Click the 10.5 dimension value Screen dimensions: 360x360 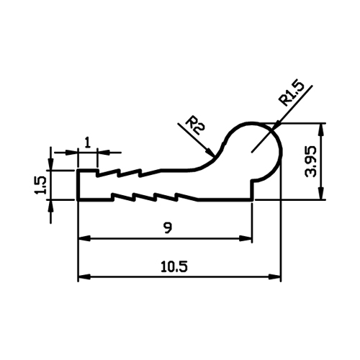pyautogui.click(x=174, y=266)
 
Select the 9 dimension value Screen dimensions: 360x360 pyautogui.click(x=167, y=228)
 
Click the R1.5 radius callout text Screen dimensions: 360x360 pyautogui.click(x=291, y=94)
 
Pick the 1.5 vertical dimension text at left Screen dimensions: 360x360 pyautogui.click(x=40, y=185)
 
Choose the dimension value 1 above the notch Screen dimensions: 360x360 pyautogui.click(x=88, y=143)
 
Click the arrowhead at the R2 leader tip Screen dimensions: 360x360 pyautogui.click(x=210, y=153)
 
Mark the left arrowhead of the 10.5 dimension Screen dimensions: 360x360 pyautogui.click(x=84, y=276)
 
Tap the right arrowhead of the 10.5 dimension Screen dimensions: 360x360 pyautogui.click(x=274, y=276)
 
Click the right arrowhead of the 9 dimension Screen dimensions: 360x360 pyautogui.click(x=246, y=238)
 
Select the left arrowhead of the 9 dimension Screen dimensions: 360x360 pyautogui.click(x=84, y=238)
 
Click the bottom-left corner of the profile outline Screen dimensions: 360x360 pyautogui.click(x=78, y=199)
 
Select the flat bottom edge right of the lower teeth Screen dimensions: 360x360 pyautogui.click(x=225, y=199)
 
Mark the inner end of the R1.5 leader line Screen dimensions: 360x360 pyautogui.click(x=251, y=152)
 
